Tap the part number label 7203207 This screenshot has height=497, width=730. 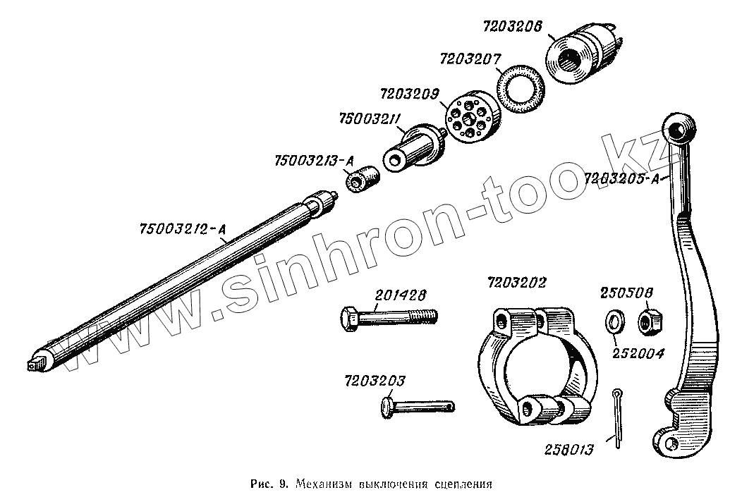[x=469, y=59]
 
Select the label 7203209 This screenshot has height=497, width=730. [x=410, y=93]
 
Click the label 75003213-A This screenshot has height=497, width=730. [x=313, y=161]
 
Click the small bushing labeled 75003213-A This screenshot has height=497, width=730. [x=363, y=179]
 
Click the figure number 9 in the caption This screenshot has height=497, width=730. [x=281, y=484]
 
